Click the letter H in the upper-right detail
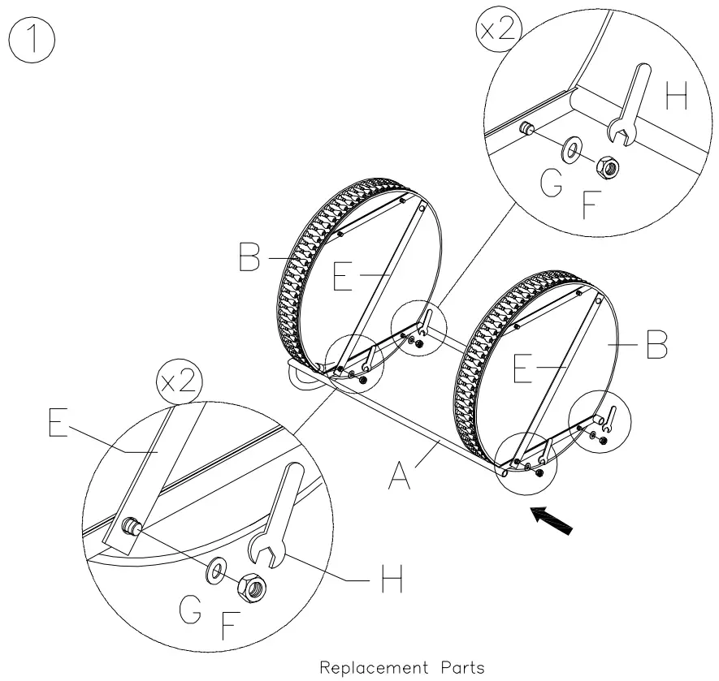click(x=676, y=97)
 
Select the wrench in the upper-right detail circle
click(x=627, y=106)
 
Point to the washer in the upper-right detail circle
click(x=570, y=149)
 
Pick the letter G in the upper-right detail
click(x=551, y=186)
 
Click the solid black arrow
click(x=552, y=520)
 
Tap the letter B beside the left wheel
click(x=250, y=260)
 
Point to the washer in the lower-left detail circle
click(x=217, y=569)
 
